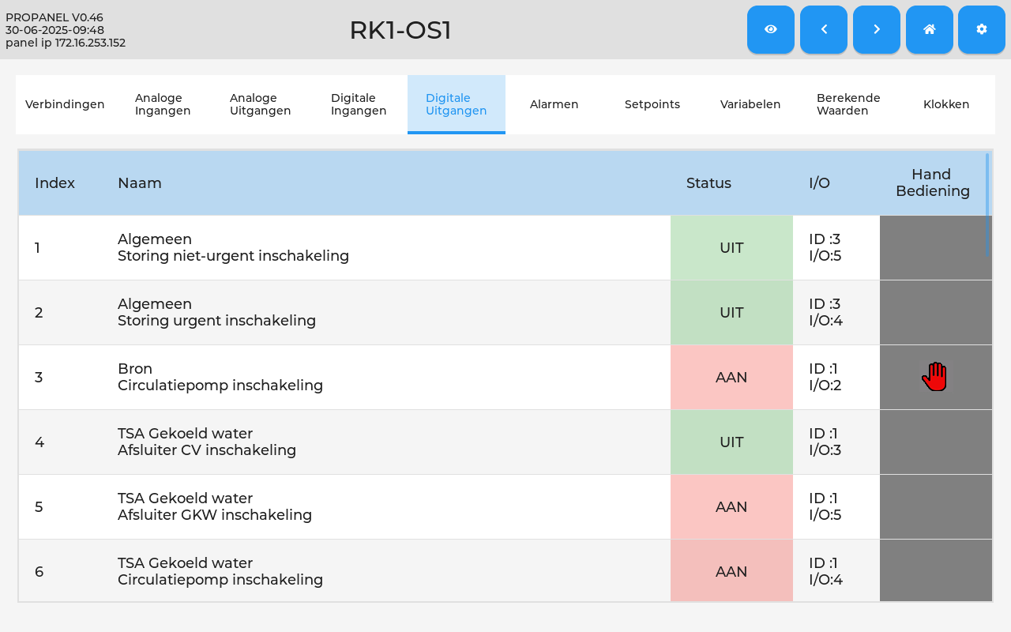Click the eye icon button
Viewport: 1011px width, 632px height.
pos(770,29)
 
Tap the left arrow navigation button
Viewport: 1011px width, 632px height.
pos(824,29)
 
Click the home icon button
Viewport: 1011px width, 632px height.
pos(930,29)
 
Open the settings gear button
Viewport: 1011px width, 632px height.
pos(982,29)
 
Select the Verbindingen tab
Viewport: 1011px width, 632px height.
pos(65,104)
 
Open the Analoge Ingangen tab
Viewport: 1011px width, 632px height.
pos(163,104)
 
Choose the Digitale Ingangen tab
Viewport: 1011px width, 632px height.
pos(359,104)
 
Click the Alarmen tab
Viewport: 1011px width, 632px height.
pos(554,104)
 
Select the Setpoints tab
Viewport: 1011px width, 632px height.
pos(652,104)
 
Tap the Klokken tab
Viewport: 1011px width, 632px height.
pos(946,104)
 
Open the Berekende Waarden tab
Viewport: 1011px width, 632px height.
pos(848,104)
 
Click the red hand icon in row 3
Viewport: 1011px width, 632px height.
pos(934,377)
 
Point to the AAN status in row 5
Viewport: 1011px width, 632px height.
pos(731,507)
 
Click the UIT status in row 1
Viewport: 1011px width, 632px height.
pos(731,248)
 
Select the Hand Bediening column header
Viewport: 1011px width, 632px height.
pos(933,182)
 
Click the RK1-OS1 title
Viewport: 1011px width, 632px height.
pos(400,31)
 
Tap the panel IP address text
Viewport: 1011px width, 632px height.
pos(66,43)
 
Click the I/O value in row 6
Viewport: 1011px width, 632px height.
pos(825,571)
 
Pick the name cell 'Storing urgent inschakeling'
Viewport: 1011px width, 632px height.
pos(216,321)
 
